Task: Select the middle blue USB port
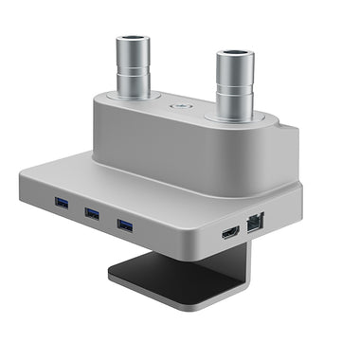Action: [92, 212]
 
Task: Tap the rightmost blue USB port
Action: [124, 225]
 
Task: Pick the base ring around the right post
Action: [234, 118]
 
